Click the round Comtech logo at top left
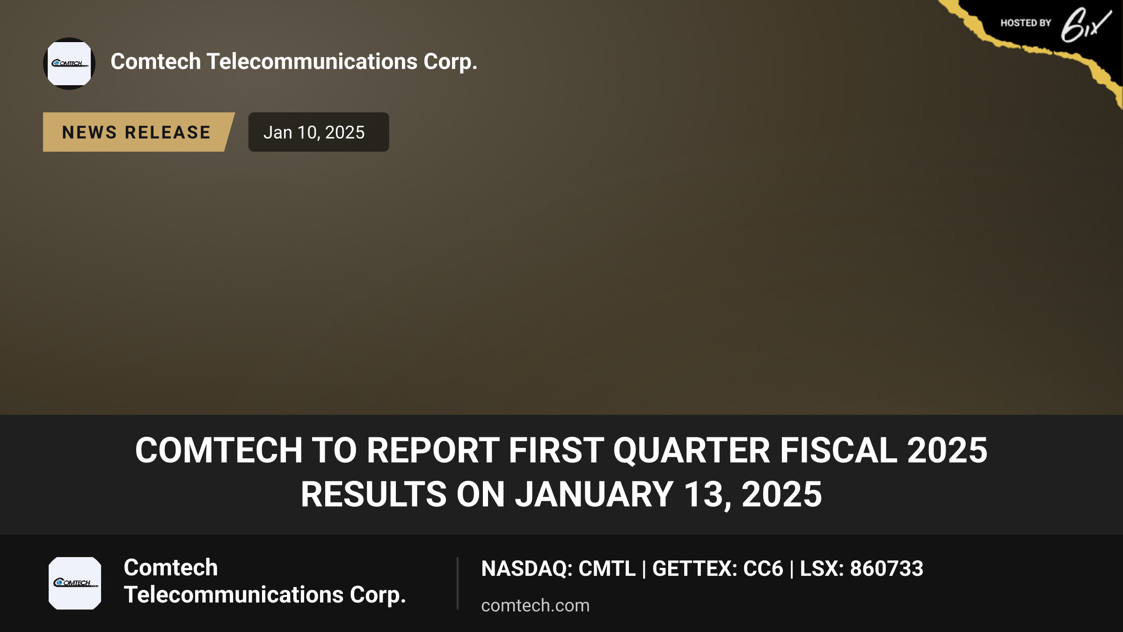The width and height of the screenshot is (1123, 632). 69,64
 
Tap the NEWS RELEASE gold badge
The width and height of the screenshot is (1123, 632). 139,132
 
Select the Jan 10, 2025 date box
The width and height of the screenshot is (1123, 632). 319,132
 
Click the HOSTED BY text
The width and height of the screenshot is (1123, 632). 1026,23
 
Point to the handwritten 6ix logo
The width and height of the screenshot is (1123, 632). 1086,25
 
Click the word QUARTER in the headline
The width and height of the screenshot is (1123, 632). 692,450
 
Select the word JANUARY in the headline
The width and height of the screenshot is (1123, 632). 594,494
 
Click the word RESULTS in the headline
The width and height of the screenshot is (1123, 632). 373,494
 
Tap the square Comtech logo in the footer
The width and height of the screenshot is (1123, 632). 75,583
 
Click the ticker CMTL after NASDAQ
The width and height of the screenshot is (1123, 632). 607,569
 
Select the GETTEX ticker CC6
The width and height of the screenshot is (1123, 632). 763,569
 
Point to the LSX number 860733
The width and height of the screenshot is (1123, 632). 887,569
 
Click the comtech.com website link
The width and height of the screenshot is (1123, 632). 535,606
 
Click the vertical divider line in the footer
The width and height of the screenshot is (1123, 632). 458,583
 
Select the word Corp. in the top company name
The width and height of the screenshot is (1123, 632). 451,62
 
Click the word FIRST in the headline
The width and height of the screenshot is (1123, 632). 556,450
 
